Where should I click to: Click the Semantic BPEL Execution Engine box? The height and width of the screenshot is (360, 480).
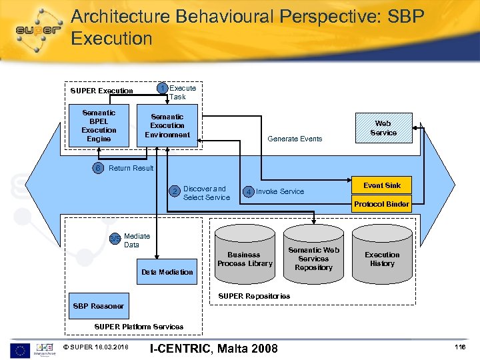pyautogui.click(x=99, y=125)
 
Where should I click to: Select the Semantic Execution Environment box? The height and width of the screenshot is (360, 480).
pyautogui.click(x=167, y=125)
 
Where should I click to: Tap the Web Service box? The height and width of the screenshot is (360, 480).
pyautogui.click(x=383, y=128)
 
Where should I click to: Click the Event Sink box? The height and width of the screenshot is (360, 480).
pyautogui.click(x=382, y=185)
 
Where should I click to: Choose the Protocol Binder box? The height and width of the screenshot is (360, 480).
pyautogui.click(x=382, y=204)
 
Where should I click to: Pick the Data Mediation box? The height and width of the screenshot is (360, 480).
pyautogui.click(x=167, y=271)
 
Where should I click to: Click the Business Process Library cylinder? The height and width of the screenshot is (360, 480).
pyautogui.click(x=244, y=259)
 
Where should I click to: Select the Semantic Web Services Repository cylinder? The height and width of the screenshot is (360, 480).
pyautogui.click(x=313, y=259)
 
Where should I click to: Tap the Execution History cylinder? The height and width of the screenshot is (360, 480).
pyautogui.click(x=382, y=259)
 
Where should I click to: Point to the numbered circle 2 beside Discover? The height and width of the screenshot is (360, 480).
pyautogui.click(x=175, y=192)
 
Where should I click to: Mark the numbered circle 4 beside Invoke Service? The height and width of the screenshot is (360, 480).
pyautogui.click(x=248, y=192)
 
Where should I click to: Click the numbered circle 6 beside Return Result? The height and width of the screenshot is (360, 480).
pyautogui.click(x=99, y=168)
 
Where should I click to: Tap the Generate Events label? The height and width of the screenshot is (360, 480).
pyautogui.click(x=295, y=139)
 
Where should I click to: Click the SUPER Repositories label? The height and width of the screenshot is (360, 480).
pyautogui.click(x=255, y=295)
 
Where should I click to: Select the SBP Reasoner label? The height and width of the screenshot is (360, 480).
pyautogui.click(x=98, y=306)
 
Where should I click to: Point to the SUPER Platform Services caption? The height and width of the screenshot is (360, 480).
pyautogui.click(x=139, y=327)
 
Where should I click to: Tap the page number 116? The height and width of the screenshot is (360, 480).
pyautogui.click(x=459, y=347)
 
